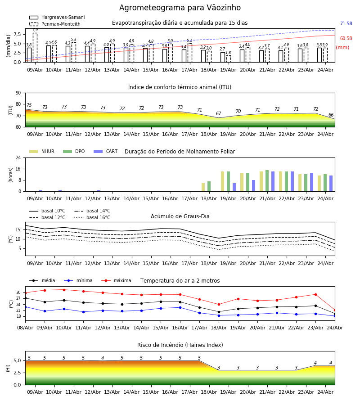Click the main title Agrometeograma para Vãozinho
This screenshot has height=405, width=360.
click(x=180, y=8)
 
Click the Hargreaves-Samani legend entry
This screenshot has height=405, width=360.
click(x=57, y=17)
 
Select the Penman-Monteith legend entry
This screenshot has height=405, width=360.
click(x=55, y=24)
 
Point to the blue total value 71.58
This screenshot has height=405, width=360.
click(x=346, y=23)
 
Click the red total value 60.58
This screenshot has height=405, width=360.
click(x=346, y=39)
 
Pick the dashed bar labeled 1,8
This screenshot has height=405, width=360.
click(x=229, y=59)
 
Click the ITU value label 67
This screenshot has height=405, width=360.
click(x=219, y=114)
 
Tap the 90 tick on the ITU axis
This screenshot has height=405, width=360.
click(x=18, y=93)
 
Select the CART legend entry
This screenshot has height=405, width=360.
click(x=106, y=151)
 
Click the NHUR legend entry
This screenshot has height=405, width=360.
click(x=42, y=151)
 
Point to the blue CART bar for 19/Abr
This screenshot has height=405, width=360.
click(x=234, y=187)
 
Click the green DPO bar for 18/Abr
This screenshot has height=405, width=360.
click(x=209, y=186)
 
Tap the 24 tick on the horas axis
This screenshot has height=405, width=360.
click(x=18, y=157)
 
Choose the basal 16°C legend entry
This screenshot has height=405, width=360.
click(x=92, y=217)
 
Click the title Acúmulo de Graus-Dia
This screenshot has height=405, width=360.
click(x=180, y=216)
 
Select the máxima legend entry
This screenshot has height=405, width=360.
click(x=117, y=280)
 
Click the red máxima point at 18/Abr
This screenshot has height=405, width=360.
click(x=219, y=305)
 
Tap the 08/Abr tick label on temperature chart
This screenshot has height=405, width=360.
click(x=25, y=328)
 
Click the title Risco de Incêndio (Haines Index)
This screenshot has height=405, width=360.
click(x=180, y=345)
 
